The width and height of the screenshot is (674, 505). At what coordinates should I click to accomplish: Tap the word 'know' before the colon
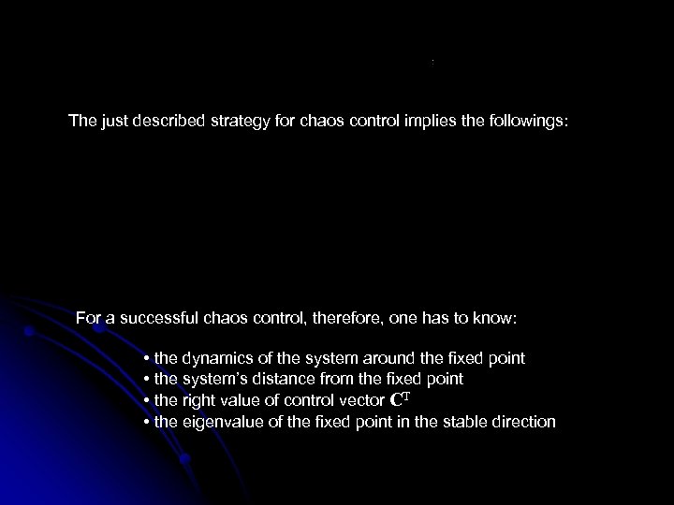tap(492, 319)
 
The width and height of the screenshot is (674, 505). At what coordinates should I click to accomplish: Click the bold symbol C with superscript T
tap(397, 400)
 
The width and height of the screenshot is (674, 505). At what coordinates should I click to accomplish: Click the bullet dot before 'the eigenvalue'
tap(148, 423)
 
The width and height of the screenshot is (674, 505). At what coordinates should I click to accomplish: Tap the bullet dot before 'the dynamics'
tap(148, 359)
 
